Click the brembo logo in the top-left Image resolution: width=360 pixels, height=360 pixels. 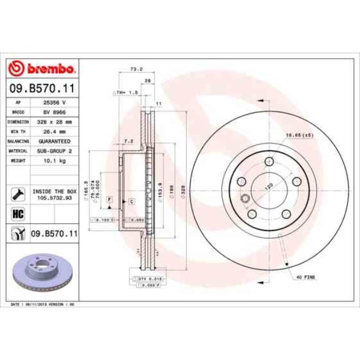pyautogui.click(x=42, y=69)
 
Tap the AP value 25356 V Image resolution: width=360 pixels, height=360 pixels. pyautogui.click(x=54, y=102)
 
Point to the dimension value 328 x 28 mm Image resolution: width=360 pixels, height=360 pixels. pyautogui.click(x=54, y=121)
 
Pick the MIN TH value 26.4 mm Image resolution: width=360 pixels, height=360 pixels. pyautogui.click(x=54, y=131)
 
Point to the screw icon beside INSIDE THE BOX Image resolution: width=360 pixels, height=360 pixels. pyautogui.click(x=17, y=193)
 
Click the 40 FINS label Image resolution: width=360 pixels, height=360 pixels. pyautogui.click(x=305, y=276)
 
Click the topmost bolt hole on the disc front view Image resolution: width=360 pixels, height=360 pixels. pyautogui.click(x=269, y=161)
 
